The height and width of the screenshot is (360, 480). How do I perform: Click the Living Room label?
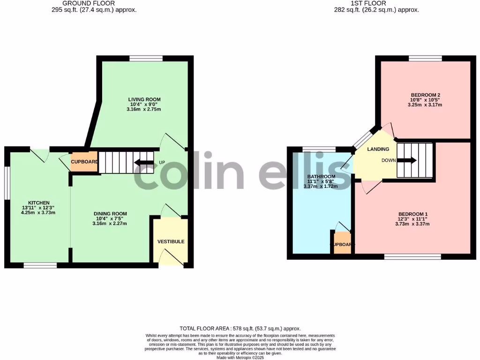(144, 99)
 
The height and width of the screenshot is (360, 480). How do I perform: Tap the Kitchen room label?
(39, 203)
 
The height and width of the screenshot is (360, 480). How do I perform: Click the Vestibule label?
(171, 241)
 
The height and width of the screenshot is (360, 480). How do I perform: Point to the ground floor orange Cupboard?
(84, 162)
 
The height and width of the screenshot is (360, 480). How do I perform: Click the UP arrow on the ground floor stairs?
(144, 163)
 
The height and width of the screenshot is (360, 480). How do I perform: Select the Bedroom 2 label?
(425, 95)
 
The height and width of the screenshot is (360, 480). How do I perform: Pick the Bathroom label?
(321, 176)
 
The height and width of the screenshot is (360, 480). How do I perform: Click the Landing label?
(378, 149)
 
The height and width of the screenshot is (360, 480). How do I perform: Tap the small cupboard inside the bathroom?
(342, 244)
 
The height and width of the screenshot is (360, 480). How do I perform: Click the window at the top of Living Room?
(146, 59)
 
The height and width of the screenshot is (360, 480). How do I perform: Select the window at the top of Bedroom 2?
(425, 59)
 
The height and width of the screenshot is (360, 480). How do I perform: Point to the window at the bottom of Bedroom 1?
(412, 256)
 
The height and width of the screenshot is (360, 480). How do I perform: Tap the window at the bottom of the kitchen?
(40, 265)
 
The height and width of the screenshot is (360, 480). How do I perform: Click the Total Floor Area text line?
(240, 329)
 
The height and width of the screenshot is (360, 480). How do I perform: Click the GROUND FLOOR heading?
(89, 3)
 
